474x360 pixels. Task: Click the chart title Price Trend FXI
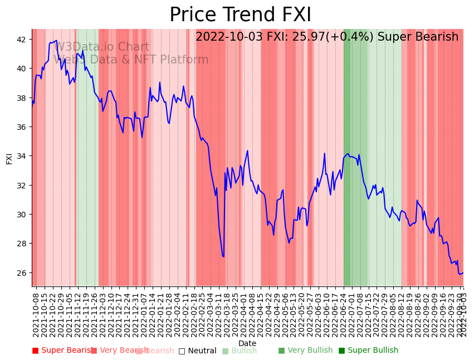(240, 15)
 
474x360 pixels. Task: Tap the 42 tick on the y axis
(21, 40)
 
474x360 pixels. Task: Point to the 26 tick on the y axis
(21, 273)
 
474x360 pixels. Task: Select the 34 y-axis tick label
(21, 156)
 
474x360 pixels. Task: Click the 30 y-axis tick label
(21, 215)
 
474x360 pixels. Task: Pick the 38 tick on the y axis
(21, 98)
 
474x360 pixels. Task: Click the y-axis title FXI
(9, 158)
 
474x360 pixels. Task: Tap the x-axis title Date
(247, 343)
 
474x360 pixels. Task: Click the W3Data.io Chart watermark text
(102, 47)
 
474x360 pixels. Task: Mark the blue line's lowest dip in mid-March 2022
(223, 256)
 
